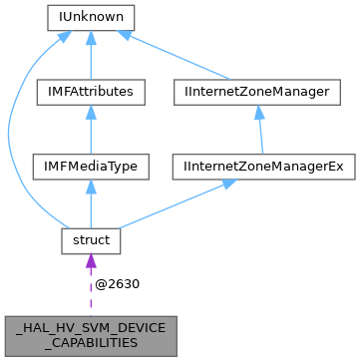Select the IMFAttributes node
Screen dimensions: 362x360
tap(91, 92)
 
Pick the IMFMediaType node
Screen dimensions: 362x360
tap(91, 166)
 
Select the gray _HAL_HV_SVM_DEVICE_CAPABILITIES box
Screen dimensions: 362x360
tap(91, 333)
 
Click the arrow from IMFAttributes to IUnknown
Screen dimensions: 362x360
tap(91, 55)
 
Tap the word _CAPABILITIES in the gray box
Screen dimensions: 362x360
tap(91, 341)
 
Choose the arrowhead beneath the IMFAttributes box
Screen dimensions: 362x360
tap(91, 113)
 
